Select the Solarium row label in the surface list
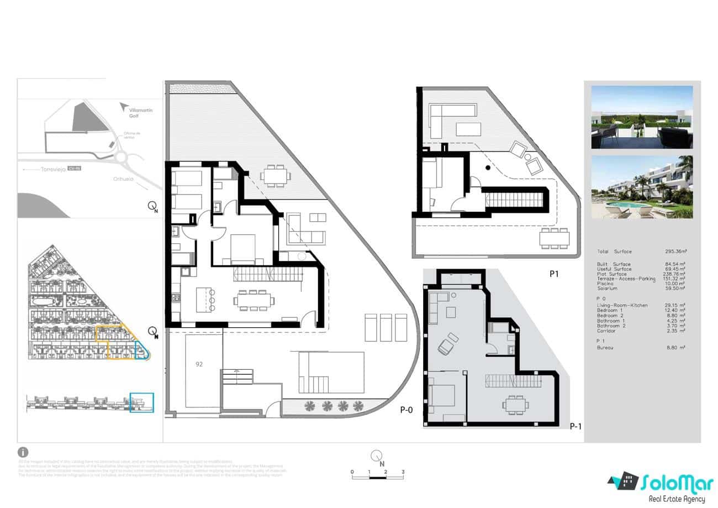click(607, 289)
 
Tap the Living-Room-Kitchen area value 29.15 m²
click(677, 305)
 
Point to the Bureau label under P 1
click(606, 348)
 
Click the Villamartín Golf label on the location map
click(129, 113)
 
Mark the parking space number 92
click(198, 364)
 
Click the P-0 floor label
click(406, 410)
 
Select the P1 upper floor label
click(554, 273)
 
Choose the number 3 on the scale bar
click(403, 472)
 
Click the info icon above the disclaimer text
click(23, 452)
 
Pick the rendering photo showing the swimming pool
click(642, 187)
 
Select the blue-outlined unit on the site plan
click(141, 350)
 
